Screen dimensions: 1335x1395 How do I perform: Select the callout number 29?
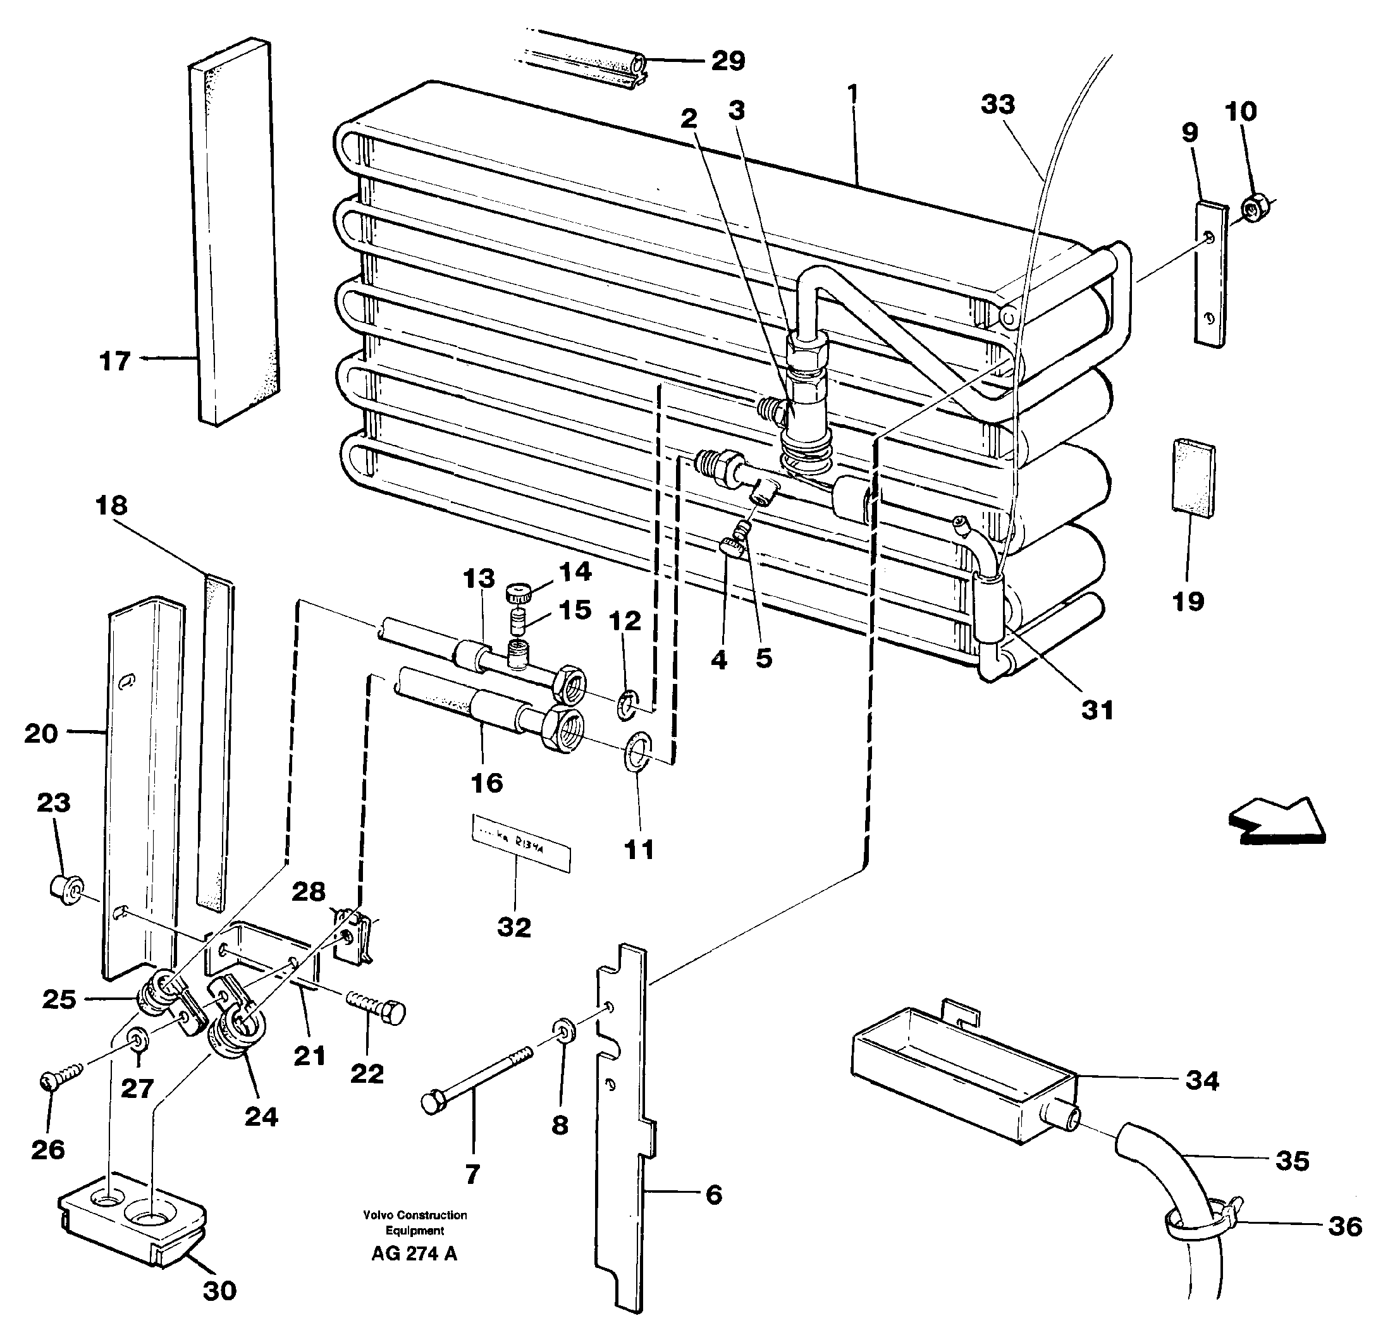coord(728,61)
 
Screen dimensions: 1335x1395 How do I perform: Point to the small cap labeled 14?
coord(519,592)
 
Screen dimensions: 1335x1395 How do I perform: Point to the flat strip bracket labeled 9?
coord(1210,274)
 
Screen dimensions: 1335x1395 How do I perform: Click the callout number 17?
coord(114,361)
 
